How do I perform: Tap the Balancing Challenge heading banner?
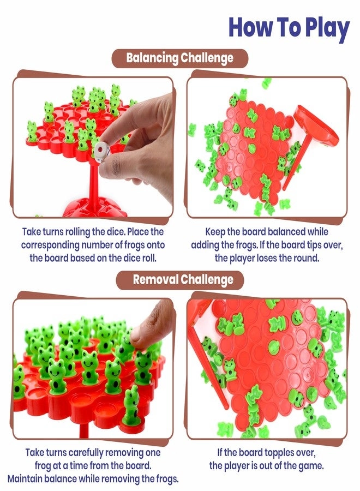180,58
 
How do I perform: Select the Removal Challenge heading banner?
180,280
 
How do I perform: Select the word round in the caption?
321,258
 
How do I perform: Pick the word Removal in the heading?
155,280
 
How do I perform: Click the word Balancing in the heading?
152,58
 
